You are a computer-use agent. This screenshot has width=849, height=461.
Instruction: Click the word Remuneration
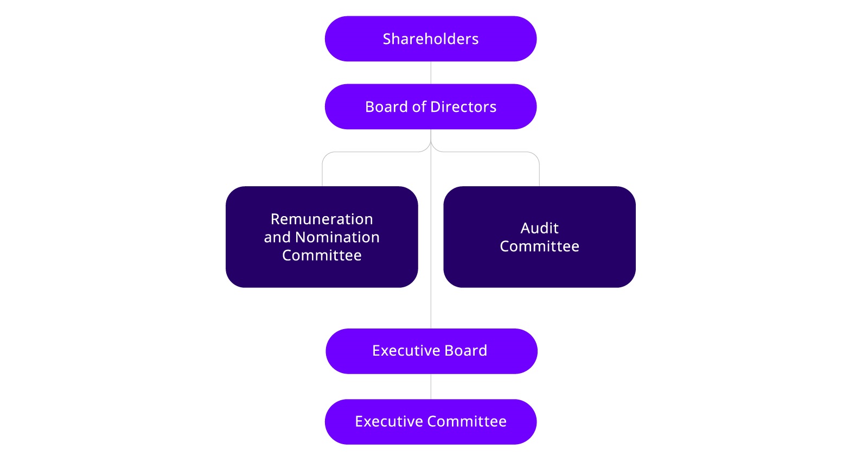[x=322, y=219]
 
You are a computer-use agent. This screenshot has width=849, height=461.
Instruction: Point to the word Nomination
[x=337, y=237]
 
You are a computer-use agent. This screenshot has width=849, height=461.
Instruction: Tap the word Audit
[x=539, y=228]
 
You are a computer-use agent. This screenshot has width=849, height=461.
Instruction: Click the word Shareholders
[x=430, y=39]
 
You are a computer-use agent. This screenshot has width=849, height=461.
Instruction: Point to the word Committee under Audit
[x=539, y=247]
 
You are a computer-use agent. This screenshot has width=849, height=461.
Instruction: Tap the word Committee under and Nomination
[x=322, y=256]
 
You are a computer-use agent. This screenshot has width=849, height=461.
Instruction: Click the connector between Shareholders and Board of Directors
[x=431, y=73]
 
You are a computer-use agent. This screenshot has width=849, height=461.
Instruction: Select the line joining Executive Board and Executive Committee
[x=431, y=387]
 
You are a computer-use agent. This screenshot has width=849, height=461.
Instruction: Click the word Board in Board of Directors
[x=386, y=107]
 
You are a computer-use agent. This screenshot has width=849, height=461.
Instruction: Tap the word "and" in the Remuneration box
[x=277, y=237]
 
